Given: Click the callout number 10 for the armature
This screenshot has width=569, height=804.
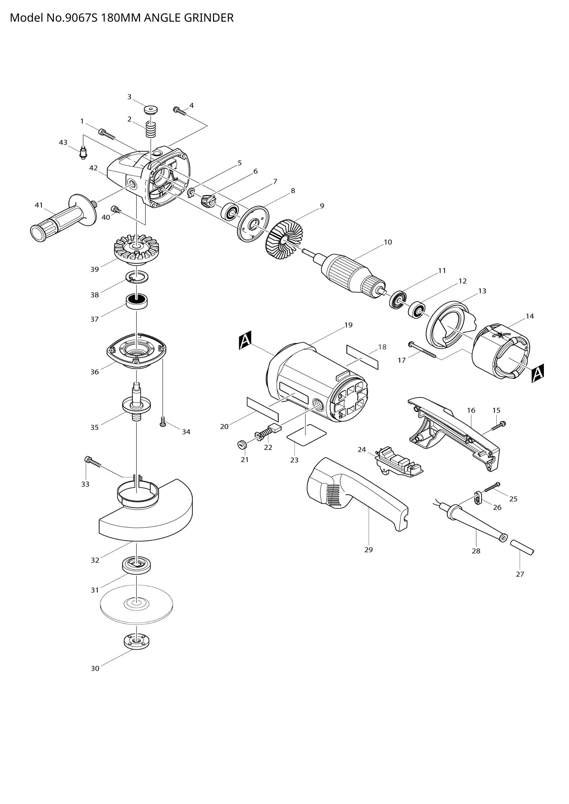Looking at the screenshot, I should click(387, 242).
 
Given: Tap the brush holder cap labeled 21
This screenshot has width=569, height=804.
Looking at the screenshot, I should click(241, 445).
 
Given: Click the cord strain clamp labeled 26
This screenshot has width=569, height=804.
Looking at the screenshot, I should click(477, 498).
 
